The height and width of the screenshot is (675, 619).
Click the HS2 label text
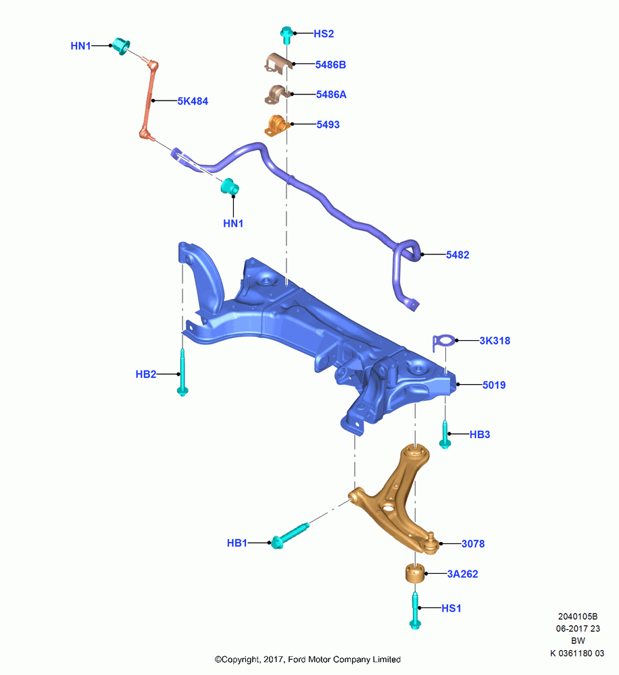[323, 34]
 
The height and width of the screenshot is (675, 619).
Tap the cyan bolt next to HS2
[287, 35]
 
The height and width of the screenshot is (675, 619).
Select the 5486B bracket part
[278, 63]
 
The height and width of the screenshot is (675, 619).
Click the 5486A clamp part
[277, 94]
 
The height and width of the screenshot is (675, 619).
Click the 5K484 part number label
[193, 101]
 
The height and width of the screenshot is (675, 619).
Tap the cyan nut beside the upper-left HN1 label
[121, 46]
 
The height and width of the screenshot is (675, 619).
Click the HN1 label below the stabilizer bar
[233, 223]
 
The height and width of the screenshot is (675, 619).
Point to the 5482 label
[457, 255]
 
